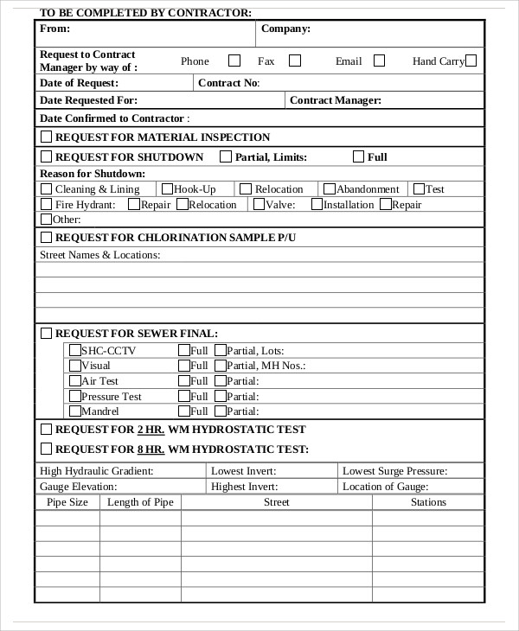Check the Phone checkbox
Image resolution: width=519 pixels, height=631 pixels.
tap(234, 61)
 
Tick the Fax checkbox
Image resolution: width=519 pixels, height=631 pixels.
tap(295, 61)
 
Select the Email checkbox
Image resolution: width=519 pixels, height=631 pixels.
tap(379, 61)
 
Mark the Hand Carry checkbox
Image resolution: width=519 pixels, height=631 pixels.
tap(471, 61)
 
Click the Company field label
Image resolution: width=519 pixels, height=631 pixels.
tap(285, 29)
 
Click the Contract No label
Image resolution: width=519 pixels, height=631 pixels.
tap(228, 83)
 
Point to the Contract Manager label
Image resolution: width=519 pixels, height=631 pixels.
tap(335, 100)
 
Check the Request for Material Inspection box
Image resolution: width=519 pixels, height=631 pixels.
tap(47, 137)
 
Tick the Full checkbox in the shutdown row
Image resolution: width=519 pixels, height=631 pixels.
tap(358, 156)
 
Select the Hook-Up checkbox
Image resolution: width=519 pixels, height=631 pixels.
tap(168, 188)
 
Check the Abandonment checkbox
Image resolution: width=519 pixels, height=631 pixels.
tap(329, 188)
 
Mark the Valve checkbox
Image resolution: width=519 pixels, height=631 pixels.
tap(258, 205)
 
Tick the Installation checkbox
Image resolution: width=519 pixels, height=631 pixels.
tap(317, 205)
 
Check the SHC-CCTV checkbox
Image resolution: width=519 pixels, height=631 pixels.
tap(74, 350)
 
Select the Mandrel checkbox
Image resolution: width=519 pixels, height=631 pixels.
tap(74, 411)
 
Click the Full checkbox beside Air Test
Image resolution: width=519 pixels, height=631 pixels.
tap(184, 380)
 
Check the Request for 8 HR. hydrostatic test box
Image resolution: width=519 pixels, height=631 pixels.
tap(47, 449)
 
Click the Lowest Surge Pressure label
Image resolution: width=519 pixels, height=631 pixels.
tap(394, 471)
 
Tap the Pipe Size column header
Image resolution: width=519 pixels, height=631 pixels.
tap(67, 502)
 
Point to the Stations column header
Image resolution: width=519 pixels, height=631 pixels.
tap(428, 502)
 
